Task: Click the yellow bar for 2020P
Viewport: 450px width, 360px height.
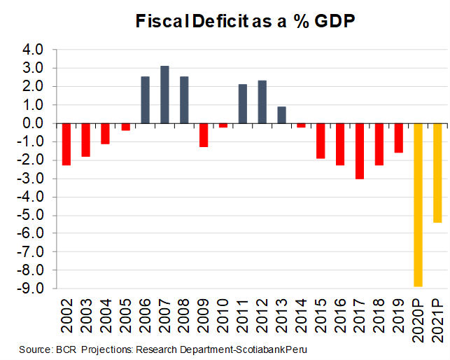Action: point(418,205)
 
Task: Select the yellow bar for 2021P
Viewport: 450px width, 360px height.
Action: point(437,172)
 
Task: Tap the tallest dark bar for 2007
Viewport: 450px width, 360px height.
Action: point(164,95)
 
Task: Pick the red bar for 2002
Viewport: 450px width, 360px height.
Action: point(66,144)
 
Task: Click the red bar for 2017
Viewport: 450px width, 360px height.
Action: point(360,151)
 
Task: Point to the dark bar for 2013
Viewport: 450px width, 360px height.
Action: point(281,115)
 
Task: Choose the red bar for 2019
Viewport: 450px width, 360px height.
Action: point(398,137)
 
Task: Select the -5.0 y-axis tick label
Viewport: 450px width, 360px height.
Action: point(32,215)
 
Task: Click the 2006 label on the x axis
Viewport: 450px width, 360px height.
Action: point(145,313)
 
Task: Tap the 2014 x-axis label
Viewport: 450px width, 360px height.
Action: point(302,313)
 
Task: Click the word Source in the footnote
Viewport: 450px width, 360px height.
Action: point(35,349)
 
